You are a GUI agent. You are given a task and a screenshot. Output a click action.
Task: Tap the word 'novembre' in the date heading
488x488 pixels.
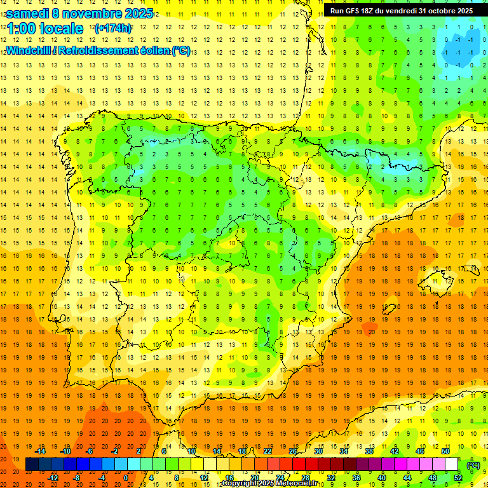coord(90,13)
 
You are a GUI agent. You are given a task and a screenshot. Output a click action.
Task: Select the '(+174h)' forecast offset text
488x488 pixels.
coord(113,29)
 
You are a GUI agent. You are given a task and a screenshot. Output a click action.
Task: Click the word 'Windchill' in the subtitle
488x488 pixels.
coord(28,50)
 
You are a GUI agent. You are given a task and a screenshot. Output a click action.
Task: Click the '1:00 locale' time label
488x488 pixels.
coord(45,29)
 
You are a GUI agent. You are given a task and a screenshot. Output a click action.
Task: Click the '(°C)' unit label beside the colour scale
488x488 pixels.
coord(473,465)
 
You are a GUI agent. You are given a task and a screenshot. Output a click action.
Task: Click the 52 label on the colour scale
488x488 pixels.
coord(458,478)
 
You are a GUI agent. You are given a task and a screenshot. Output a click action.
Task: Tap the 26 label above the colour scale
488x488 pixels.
coord(293,451)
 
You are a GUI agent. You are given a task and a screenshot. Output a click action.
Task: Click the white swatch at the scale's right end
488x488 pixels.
coord(452,464)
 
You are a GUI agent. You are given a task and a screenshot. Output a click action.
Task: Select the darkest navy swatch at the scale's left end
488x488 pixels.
coord(32,464)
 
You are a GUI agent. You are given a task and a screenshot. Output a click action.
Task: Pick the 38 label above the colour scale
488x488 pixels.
coord(369,451)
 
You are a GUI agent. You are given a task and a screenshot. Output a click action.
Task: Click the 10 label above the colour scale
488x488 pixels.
coord(191,451)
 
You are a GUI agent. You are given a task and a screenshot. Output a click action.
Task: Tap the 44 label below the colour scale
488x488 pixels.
coord(407,478)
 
